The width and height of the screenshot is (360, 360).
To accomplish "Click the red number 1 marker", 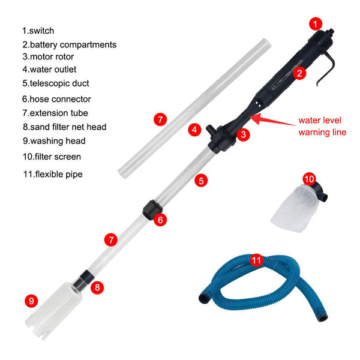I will (316, 24).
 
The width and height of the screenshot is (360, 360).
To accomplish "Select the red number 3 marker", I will (243, 134).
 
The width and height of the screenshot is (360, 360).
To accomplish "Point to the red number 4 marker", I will (194, 129).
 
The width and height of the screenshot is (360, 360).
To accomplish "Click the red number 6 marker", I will (160, 220).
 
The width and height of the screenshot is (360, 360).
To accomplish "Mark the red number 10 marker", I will (310, 179).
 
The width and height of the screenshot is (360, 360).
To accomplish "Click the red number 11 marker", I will (256, 260).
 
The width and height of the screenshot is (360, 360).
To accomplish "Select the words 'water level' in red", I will (321, 120).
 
